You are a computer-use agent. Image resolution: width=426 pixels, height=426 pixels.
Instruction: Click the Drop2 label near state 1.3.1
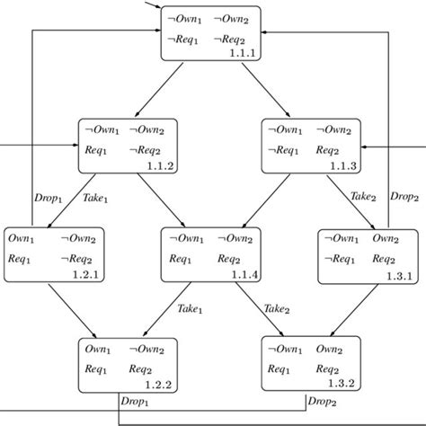tap(404, 196)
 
